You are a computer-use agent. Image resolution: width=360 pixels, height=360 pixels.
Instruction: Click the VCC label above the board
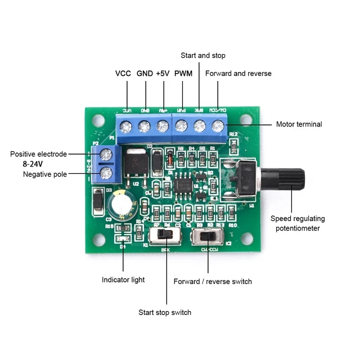pos(123,74)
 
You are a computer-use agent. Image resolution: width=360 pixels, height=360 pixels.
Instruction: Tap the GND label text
pos(145,74)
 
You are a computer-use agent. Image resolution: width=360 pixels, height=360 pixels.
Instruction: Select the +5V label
pos(163,74)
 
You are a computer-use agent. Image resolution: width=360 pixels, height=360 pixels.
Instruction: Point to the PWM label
pos(183,74)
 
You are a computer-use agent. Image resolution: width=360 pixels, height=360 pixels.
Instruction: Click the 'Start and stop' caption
pos(203,56)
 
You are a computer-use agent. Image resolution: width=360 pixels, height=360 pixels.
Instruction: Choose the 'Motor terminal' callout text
pos(299,124)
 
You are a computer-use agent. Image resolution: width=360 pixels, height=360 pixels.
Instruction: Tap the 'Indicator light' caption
pos(123,280)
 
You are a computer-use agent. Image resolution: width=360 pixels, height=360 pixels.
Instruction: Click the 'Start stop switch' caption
pos(165,312)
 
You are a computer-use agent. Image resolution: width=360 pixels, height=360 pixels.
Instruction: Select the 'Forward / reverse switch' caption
pos(213,281)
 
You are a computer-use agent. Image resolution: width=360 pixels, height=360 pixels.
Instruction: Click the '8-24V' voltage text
pos(33,164)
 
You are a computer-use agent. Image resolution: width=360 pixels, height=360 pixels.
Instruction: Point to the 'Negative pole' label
pos(45,174)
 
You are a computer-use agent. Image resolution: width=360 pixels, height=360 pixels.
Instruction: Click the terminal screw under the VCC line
pos(127,127)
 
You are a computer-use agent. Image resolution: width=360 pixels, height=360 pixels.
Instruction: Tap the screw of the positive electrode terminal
pos(105,154)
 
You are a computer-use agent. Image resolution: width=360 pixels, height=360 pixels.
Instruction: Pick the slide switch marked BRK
pos(164,235)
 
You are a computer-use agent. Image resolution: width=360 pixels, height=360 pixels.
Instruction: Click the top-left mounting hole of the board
pos(98,120)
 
